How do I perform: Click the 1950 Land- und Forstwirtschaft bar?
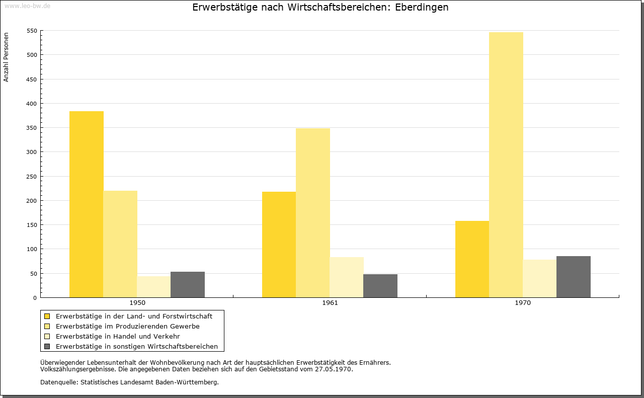(x=86, y=204)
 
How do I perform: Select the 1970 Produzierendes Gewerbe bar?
(x=506, y=165)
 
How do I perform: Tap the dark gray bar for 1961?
(x=380, y=286)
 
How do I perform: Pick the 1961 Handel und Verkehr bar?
(x=347, y=277)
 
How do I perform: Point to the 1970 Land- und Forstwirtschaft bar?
(x=472, y=259)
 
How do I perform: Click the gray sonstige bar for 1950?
(x=188, y=285)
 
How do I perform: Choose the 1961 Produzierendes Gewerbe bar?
(x=313, y=213)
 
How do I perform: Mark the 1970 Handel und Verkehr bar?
(x=540, y=278)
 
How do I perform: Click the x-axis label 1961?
(x=330, y=303)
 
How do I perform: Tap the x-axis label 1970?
(x=523, y=303)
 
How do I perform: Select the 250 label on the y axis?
(x=32, y=177)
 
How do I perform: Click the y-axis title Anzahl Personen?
(x=6, y=57)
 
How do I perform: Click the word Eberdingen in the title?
(x=422, y=7)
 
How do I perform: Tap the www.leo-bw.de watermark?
(x=28, y=6)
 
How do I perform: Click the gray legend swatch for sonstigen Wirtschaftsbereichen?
(x=47, y=347)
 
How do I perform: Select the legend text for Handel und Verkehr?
(x=118, y=336)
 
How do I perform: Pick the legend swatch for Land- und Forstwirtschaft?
(x=47, y=316)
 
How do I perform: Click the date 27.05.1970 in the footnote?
(x=333, y=369)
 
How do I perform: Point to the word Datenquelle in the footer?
(x=59, y=382)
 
